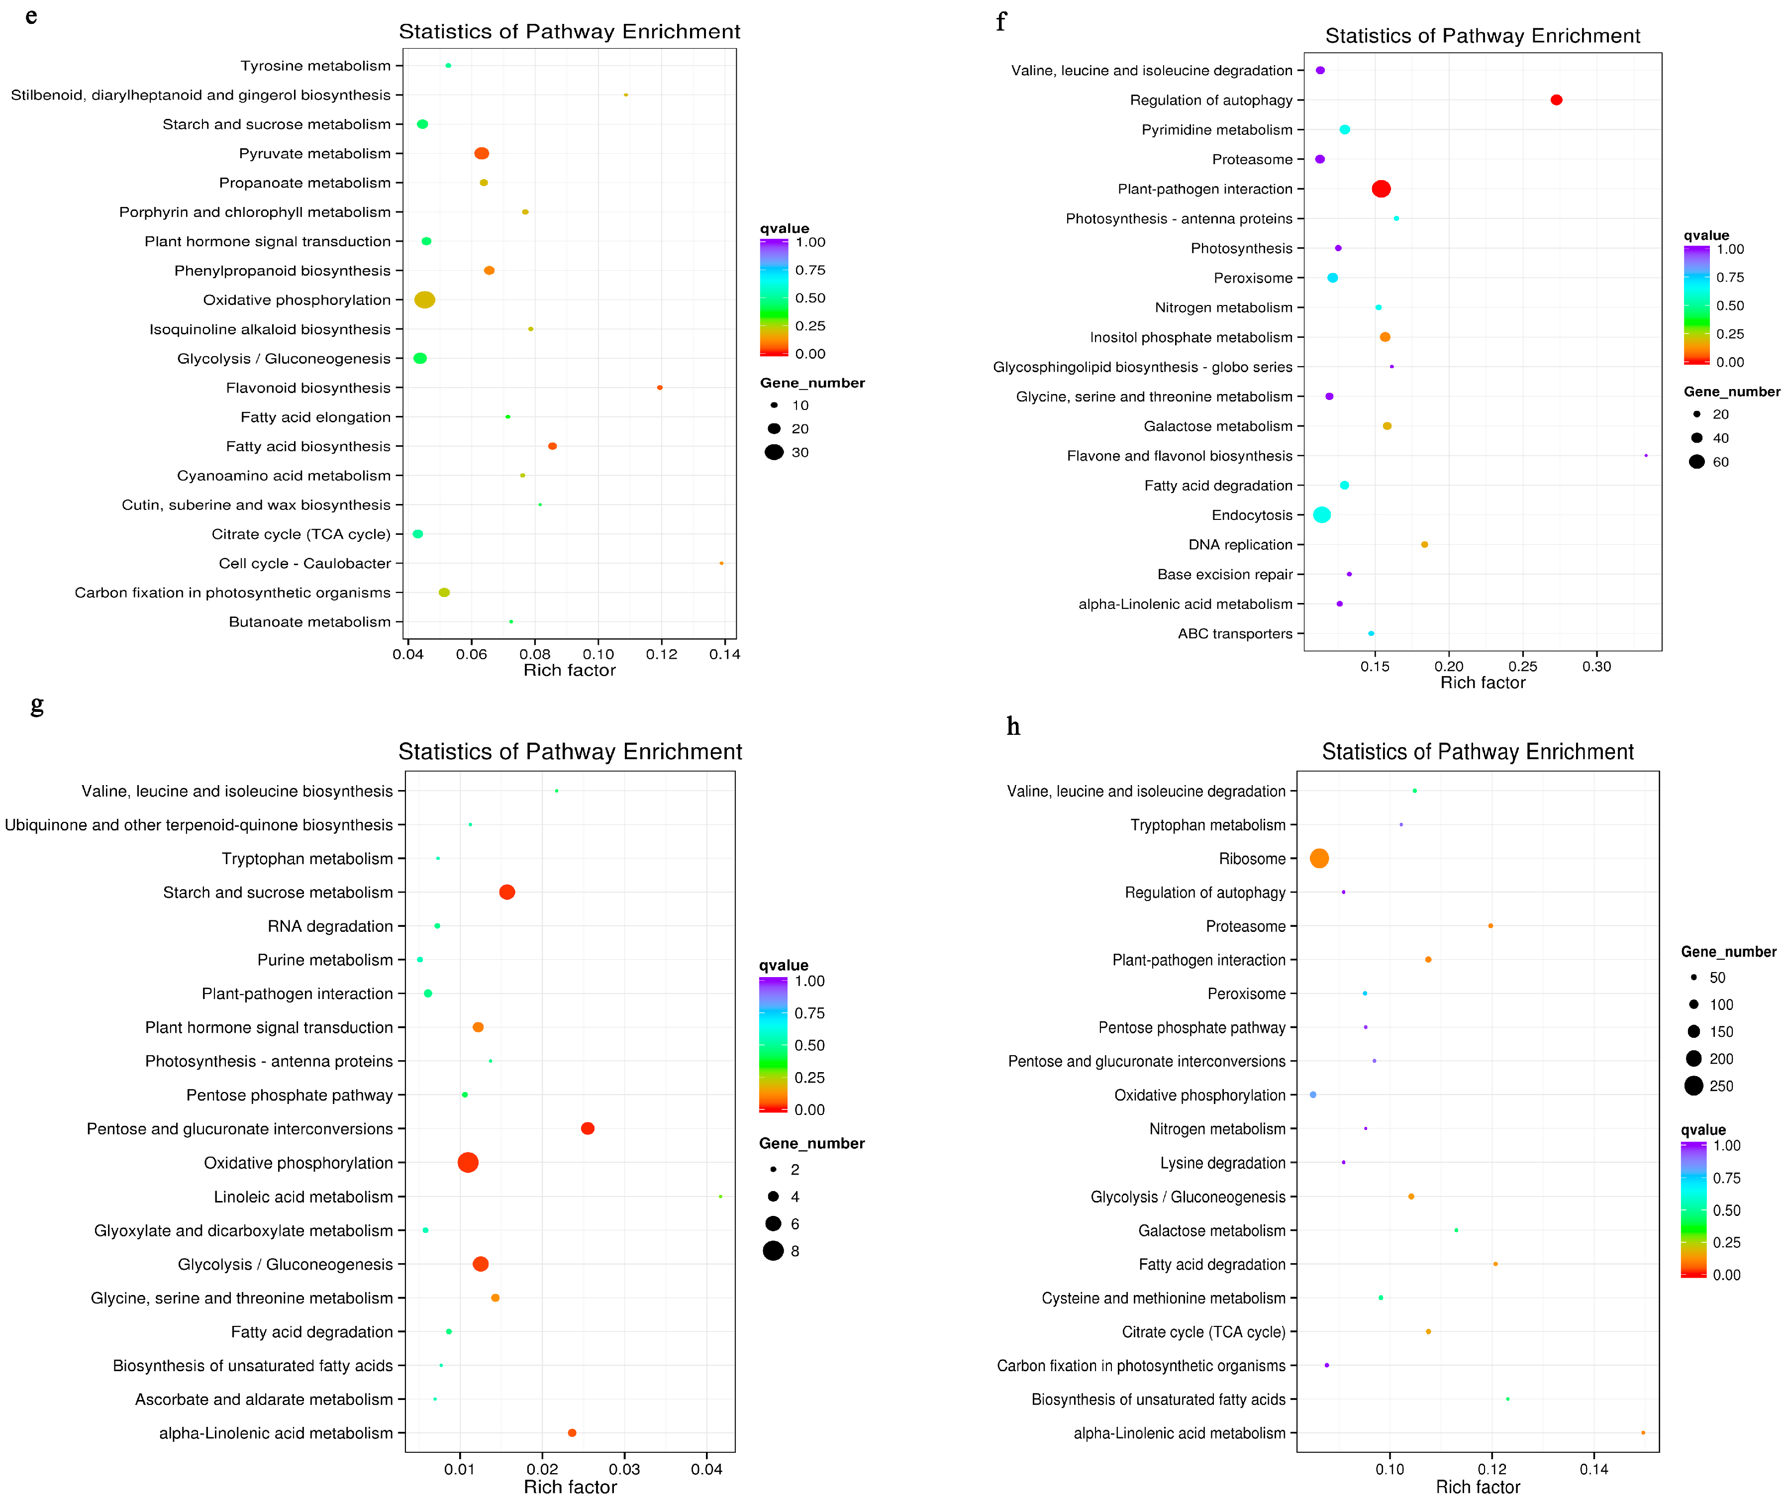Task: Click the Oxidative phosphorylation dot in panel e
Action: tap(424, 300)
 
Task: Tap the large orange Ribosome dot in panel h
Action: tap(1318, 858)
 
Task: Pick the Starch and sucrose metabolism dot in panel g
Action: tap(507, 892)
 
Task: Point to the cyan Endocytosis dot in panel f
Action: tap(1321, 514)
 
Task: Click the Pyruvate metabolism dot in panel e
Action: tap(482, 153)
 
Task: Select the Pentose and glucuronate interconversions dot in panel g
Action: tap(587, 1128)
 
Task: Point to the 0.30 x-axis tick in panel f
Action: tap(1596, 667)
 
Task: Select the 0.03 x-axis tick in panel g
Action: tap(624, 1469)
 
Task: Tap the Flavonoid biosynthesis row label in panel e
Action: tap(308, 388)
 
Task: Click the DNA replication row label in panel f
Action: tap(1240, 544)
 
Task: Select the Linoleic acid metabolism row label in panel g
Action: tap(303, 1197)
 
